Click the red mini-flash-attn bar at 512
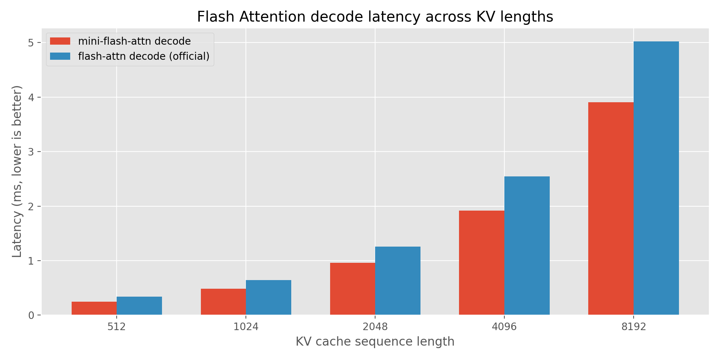point(94,308)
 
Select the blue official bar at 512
point(139,306)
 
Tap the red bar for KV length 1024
point(223,302)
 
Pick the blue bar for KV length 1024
point(269,297)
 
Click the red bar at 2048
point(352,289)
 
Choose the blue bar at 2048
point(398,281)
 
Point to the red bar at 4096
point(482,263)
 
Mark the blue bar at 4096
point(527,246)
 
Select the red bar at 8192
point(611,209)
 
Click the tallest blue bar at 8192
point(656,178)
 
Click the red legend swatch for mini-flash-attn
point(60,41)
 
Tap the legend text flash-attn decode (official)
point(144,57)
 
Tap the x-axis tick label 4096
point(504,327)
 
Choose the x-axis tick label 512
point(117,327)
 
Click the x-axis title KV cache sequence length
point(375,342)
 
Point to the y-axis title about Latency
point(17,171)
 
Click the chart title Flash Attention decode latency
point(375,17)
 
